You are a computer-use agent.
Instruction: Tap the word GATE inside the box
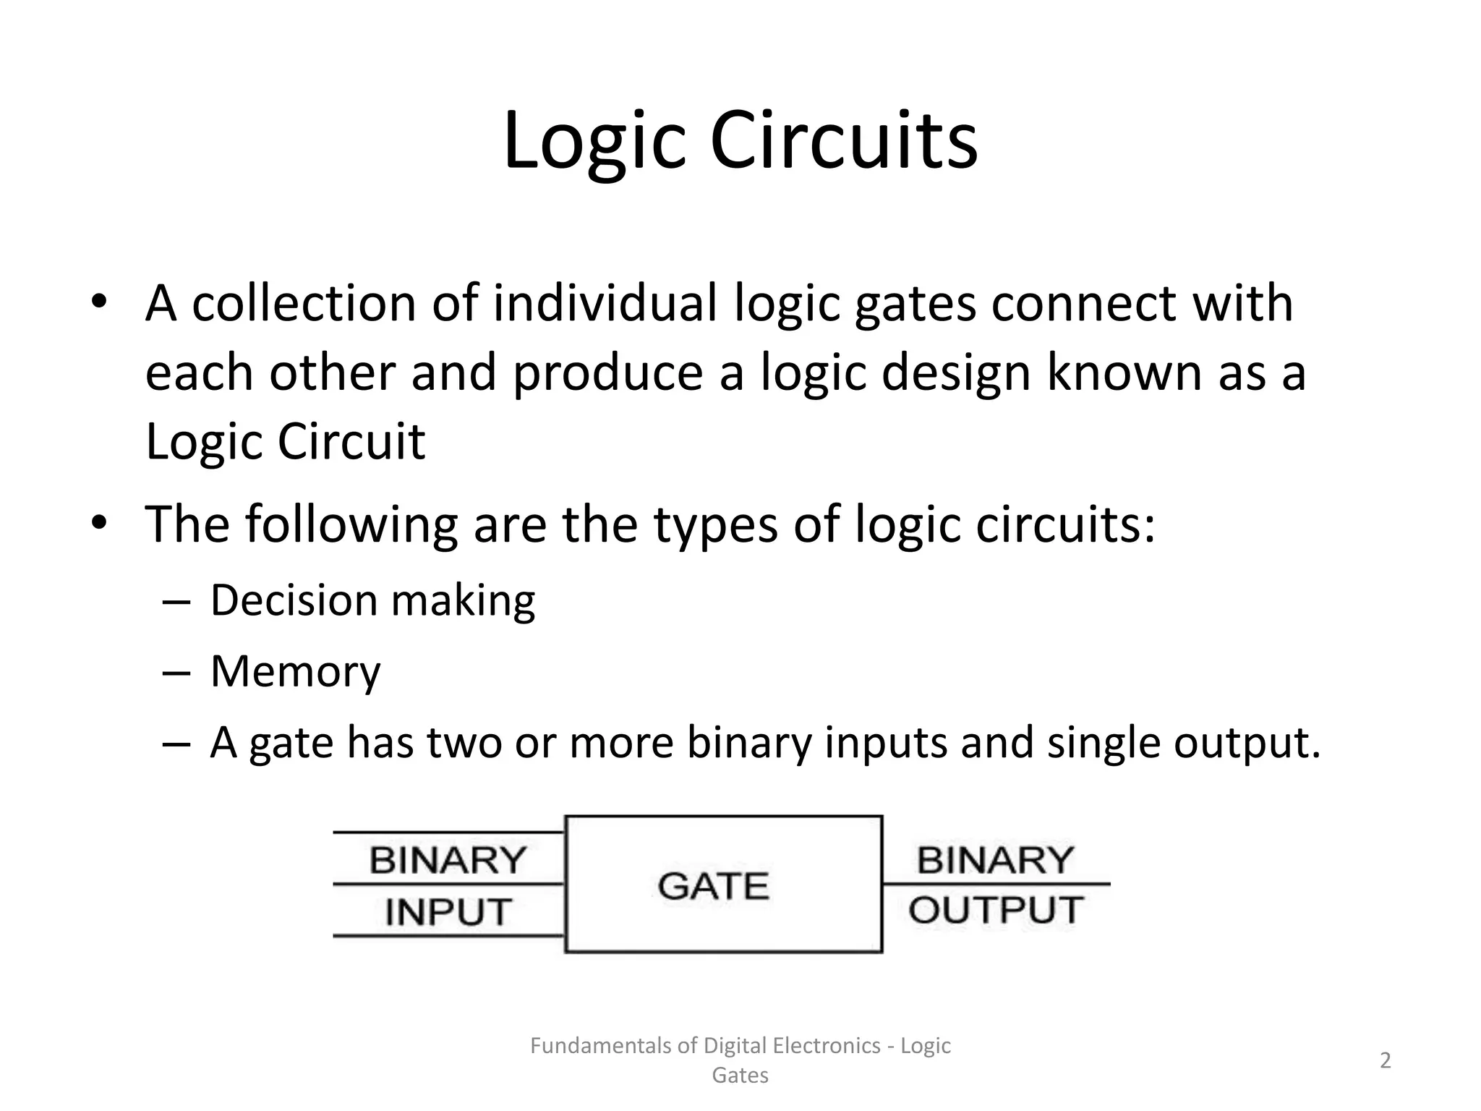[x=713, y=886]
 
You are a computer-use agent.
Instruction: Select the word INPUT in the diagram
[x=448, y=911]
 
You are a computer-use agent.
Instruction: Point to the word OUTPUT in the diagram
[x=996, y=910]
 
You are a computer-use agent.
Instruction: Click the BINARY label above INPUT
[x=448, y=860]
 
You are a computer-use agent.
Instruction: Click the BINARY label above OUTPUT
[x=996, y=860]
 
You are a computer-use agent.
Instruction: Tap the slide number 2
[x=1386, y=1060]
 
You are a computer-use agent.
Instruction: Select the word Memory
[x=295, y=672]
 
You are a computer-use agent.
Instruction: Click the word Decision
[x=294, y=600]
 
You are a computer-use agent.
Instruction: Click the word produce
[x=608, y=373]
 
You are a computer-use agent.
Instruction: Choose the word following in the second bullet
[x=351, y=524]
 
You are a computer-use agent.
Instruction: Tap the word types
[x=716, y=525]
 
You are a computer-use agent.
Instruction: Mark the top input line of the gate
[x=448, y=833]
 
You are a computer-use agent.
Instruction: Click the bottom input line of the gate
[x=448, y=936]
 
